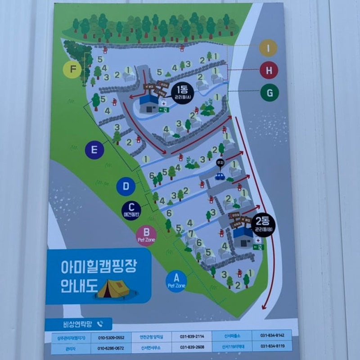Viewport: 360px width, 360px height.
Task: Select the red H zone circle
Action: pyautogui.click(x=269, y=70)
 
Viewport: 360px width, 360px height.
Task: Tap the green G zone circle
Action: pyautogui.click(x=270, y=93)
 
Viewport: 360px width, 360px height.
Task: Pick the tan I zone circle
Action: pyautogui.click(x=268, y=48)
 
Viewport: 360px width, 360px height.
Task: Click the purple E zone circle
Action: pyautogui.click(x=94, y=150)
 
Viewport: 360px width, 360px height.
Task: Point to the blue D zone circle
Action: pyautogui.click(x=126, y=186)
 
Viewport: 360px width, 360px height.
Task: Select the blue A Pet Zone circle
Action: pyautogui.click(x=176, y=281)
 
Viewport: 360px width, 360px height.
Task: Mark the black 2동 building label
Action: pyautogui.click(x=264, y=224)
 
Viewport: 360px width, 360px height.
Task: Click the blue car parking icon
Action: pyautogui.click(x=220, y=176)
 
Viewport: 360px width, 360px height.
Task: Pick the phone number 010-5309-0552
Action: pyautogui.click(x=111, y=337)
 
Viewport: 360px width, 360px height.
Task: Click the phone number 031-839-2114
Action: pyautogui.click(x=192, y=336)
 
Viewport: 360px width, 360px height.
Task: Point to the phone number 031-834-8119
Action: pyautogui.click(x=272, y=346)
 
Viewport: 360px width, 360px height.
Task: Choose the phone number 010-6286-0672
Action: pyautogui.click(x=111, y=348)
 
